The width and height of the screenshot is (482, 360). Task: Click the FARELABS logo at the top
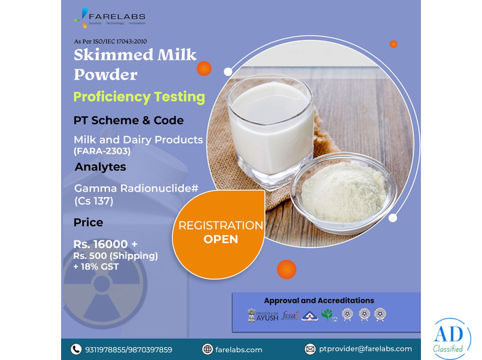[x=113, y=17]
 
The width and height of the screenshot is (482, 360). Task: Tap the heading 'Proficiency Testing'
[x=138, y=96]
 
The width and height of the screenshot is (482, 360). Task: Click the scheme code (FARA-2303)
[x=102, y=151]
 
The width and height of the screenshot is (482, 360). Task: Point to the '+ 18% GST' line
[x=96, y=266]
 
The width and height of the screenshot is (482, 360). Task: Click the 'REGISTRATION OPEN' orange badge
[x=221, y=232]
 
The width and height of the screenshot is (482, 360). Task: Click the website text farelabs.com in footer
[x=238, y=349]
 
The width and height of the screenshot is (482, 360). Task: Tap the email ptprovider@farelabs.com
[x=365, y=349]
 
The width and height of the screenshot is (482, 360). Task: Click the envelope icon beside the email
[x=310, y=349]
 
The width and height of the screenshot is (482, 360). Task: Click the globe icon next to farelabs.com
[x=208, y=349]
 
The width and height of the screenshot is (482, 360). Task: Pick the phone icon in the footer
[x=76, y=349]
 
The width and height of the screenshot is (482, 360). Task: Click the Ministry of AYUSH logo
[x=262, y=315]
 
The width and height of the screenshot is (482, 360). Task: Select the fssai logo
[x=291, y=315]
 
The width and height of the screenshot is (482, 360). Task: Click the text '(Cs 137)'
[x=95, y=201]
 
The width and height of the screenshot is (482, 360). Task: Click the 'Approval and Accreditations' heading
[x=318, y=300]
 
